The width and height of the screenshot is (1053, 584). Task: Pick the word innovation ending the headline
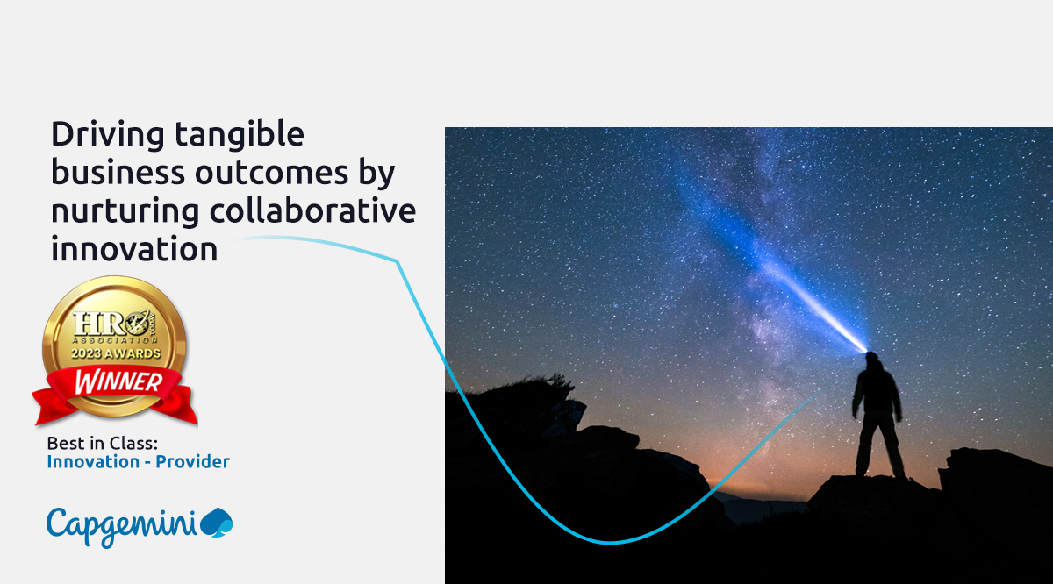click(x=134, y=249)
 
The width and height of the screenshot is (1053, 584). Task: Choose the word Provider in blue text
click(x=192, y=461)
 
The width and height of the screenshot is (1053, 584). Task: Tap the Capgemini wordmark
click(x=123, y=523)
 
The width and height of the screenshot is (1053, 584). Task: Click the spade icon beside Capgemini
click(x=217, y=523)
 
